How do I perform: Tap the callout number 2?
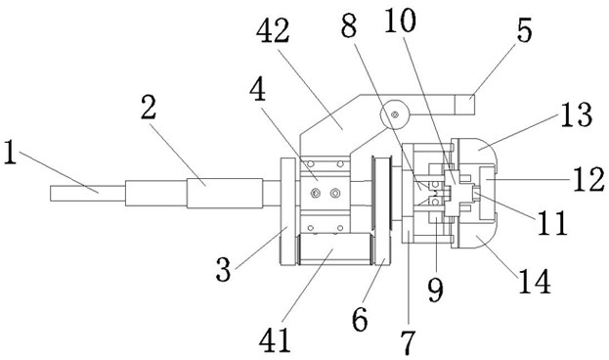click(149, 108)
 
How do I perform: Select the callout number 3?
click(223, 269)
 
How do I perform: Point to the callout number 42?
click(273, 31)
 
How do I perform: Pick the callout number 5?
click(525, 30)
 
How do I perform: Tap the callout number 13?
click(577, 114)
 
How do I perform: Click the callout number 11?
click(552, 223)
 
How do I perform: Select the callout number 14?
click(535, 282)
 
